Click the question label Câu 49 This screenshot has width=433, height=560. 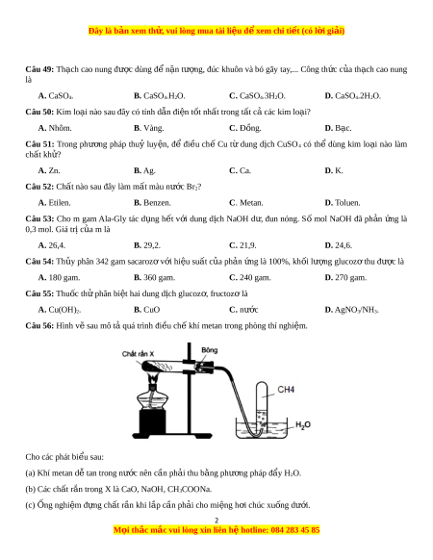[39, 69]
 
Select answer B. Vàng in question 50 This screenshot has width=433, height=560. [148, 128]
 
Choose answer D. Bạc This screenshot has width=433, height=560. [338, 128]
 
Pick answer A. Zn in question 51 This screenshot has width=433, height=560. [49, 170]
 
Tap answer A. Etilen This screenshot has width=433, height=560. [54, 203]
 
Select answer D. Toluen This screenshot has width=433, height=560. [343, 203]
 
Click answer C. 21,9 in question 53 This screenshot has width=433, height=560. [242, 245]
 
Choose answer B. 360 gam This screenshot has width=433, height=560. [154, 277]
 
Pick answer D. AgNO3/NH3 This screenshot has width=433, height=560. [351, 310]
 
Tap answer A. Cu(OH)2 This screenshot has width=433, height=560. [60, 310]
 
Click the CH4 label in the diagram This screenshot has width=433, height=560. [286, 390]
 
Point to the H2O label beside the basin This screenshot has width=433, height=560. [303, 424]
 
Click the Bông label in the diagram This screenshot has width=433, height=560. [210, 350]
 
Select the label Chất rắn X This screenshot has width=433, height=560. [138, 354]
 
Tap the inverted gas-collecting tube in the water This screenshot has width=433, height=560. [262, 406]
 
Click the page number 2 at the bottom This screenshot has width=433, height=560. [216, 521]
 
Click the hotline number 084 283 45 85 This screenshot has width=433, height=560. [295, 530]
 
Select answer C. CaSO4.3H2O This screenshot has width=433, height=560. [257, 96]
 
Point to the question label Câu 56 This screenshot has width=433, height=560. [39, 326]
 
